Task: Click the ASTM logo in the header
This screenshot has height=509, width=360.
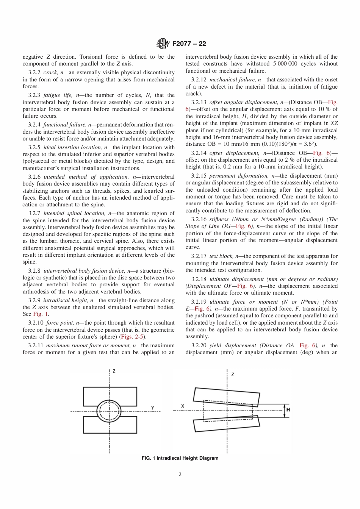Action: [163, 44]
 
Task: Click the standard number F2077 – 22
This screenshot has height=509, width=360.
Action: [189, 44]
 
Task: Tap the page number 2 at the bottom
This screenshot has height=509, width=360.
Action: [180, 474]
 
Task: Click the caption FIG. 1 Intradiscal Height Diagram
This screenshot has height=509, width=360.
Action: [180, 458]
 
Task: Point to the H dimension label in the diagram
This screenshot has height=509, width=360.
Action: [288, 410]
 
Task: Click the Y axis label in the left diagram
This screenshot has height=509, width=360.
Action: [153, 408]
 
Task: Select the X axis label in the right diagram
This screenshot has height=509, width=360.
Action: [183, 406]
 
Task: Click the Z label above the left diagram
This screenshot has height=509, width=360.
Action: [114, 372]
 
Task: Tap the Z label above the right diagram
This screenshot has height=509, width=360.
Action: [232, 374]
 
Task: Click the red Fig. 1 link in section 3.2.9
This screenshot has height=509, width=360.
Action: [41, 314]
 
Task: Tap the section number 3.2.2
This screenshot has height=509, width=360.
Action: [34, 72]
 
